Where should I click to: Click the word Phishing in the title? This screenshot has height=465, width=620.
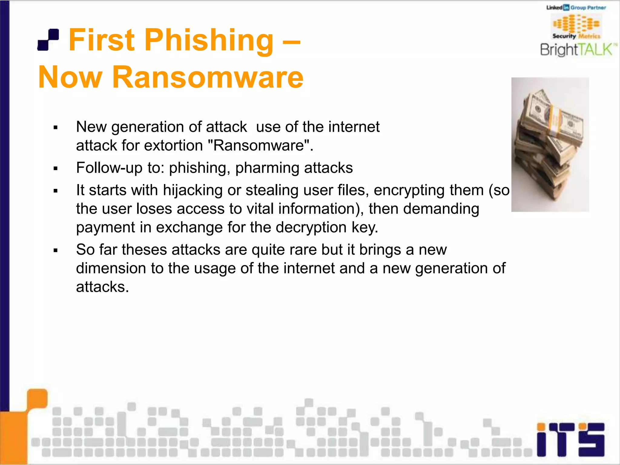209,40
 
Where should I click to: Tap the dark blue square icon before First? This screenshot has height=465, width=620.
48,40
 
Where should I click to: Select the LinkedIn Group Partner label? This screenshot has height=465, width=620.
576,8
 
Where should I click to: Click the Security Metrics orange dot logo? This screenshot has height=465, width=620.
576,24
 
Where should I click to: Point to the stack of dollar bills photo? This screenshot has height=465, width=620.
550,145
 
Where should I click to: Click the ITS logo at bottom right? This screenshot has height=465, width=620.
570,440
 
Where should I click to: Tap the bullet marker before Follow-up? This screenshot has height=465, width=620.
55,168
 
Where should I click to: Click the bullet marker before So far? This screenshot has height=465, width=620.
55,250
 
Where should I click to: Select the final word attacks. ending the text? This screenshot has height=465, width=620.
102,287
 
